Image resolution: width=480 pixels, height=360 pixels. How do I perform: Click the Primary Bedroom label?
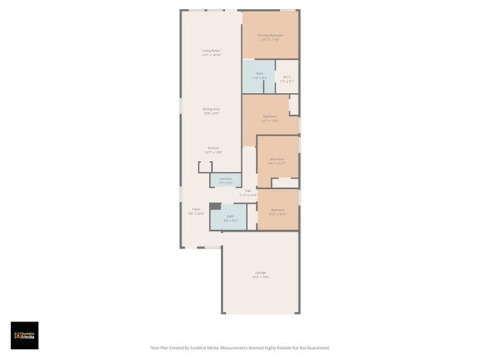click(270, 35)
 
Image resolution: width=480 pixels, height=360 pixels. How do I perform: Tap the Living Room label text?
click(212, 50)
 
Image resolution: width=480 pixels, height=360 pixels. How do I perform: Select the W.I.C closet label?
click(287, 77)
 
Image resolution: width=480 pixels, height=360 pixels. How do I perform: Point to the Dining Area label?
click(212, 109)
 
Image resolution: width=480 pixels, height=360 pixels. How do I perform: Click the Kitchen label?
click(213, 148)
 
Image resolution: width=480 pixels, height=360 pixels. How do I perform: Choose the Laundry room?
click(225, 179)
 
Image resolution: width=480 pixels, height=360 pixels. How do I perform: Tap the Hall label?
click(248, 191)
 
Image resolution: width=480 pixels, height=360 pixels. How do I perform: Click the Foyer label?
click(196, 210)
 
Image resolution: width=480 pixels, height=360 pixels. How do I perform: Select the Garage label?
click(261, 272)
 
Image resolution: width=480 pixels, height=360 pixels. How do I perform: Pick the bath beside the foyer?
click(230, 216)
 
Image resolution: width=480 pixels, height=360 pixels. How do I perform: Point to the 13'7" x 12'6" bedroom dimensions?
click(270, 120)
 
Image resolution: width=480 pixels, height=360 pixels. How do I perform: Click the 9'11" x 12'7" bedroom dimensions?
click(277, 164)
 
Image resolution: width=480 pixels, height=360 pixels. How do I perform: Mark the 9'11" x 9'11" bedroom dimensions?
click(278, 215)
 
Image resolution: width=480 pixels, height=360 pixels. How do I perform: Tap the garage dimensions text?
click(261, 277)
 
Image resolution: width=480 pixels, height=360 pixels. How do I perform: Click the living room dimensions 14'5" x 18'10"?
click(212, 55)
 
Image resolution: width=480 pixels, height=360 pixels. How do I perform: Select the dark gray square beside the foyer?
click(214, 207)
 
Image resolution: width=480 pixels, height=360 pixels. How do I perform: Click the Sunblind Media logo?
click(24, 335)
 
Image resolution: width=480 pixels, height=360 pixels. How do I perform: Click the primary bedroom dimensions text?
click(270, 40)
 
